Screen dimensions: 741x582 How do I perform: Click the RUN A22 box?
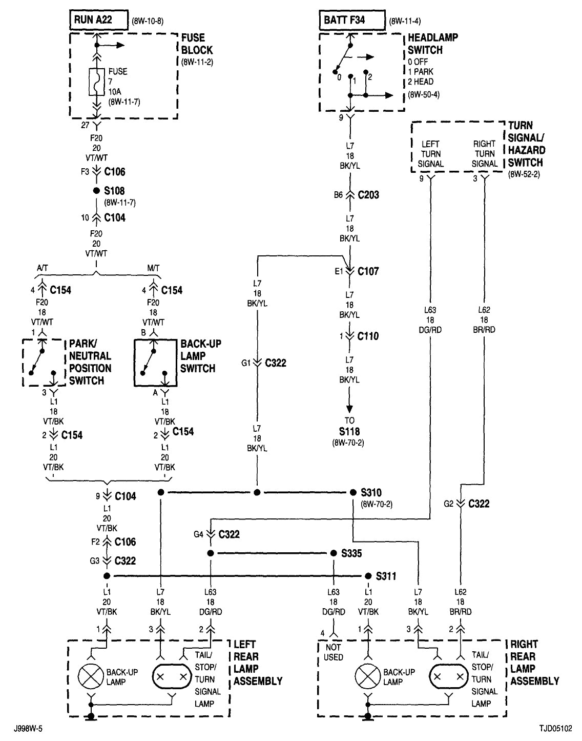98,21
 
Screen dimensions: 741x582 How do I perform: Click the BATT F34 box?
351,21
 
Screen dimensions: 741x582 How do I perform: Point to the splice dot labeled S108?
96,190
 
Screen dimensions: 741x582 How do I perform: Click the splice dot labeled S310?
353,492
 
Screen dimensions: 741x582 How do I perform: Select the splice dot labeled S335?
334,554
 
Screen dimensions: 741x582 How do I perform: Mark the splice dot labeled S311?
368,576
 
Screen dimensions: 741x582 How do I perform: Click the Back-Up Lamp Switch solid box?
155,362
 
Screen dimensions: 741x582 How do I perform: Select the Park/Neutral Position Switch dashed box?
44,362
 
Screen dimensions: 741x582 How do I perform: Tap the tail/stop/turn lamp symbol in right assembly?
449,677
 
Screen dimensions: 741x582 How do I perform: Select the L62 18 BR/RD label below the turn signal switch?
484,320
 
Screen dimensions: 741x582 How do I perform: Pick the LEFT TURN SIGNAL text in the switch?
431,154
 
